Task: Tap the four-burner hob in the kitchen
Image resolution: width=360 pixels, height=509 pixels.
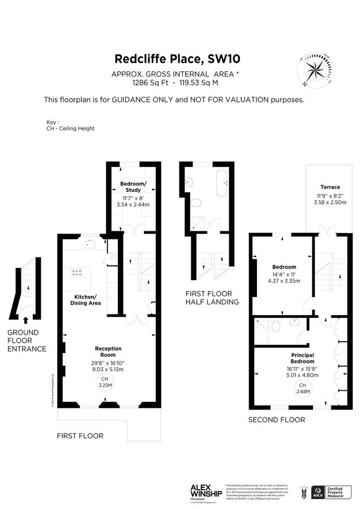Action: [x=78, y=273]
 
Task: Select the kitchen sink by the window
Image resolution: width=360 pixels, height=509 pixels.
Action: [x=89, y=244]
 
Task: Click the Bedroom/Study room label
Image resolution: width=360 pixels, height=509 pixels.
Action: [x=134, y=187]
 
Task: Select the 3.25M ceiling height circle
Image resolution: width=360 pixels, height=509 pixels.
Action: [x=104, y=382]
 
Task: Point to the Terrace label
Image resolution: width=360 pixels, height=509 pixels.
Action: [x=330, y=187]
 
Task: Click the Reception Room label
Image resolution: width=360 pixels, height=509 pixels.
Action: [x=108, y=352]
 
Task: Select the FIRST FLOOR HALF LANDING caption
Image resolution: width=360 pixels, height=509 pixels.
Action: [x=212, y=297]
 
